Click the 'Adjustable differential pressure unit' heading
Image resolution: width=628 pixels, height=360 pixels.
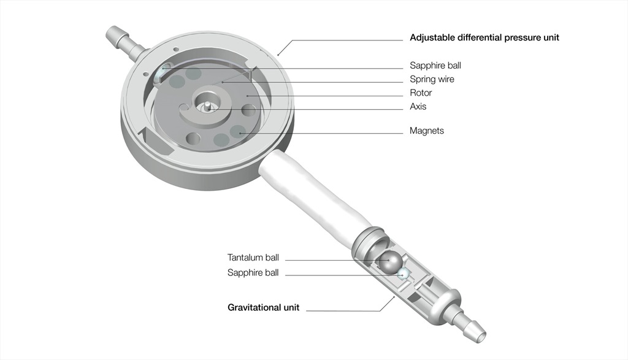484,37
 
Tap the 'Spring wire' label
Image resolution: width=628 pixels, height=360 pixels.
432,79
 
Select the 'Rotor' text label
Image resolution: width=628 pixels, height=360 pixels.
421,93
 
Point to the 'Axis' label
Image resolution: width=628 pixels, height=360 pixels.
418,107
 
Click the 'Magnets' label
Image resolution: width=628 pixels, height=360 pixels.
427,131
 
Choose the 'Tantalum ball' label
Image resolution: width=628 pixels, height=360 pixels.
253,258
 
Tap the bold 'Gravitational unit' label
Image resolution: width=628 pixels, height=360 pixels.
264,307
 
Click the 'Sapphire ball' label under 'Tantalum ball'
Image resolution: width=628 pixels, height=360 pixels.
253,273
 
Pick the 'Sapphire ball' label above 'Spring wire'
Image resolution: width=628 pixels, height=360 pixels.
435,65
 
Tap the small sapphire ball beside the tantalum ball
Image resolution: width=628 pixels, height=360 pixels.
403,275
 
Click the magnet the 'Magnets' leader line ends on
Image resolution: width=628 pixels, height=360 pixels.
239,131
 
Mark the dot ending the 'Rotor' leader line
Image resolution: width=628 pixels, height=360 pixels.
248,96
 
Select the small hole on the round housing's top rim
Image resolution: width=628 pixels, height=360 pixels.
175,49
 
